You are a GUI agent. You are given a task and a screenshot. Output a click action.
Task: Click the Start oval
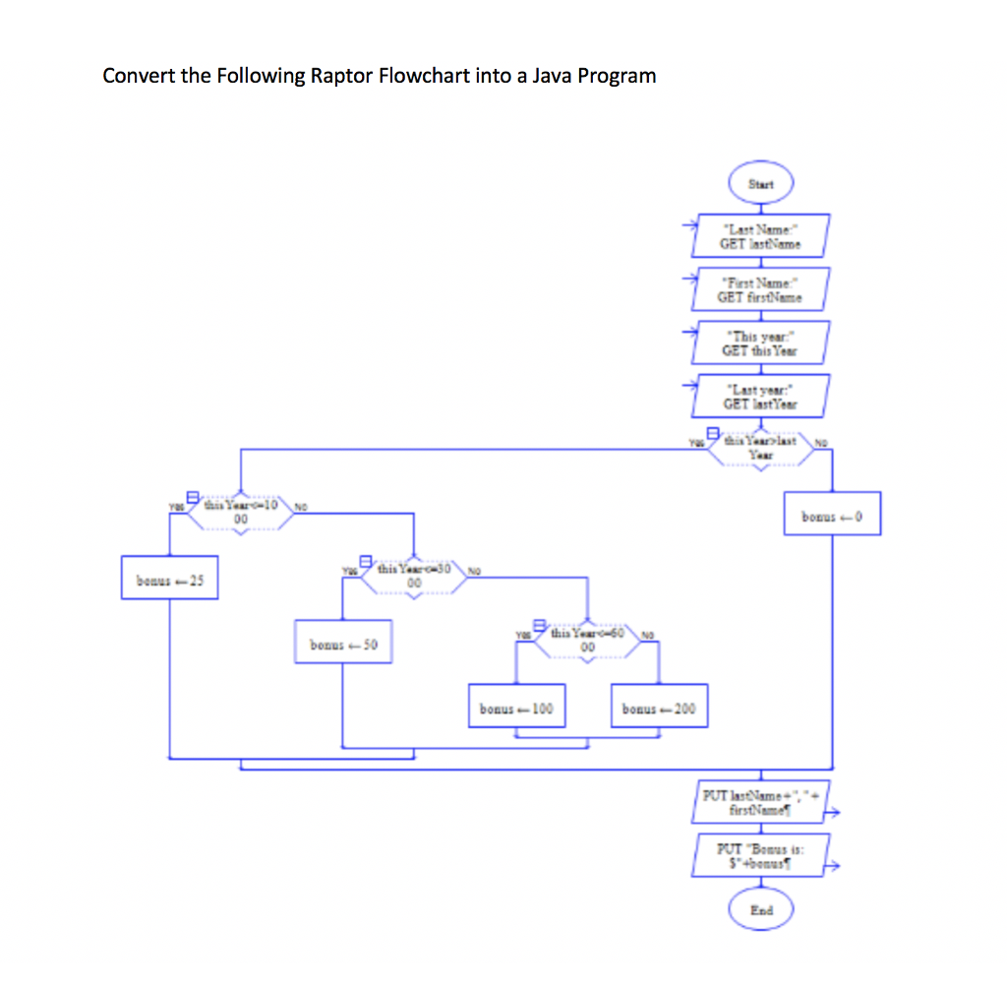click(x=760, y=184)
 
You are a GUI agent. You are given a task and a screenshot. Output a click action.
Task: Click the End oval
click(x=760, y=910)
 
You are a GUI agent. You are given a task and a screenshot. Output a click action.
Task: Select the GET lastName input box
click(x=760, y=236)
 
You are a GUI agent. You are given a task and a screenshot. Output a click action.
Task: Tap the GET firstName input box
click(x=760, y=288)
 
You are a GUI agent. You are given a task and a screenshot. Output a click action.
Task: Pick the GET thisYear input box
click(x=760, y=341)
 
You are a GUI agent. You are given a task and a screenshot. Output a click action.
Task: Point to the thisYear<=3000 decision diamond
click(x=413, y=575)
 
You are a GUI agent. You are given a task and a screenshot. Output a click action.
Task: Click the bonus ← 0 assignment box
click(x=832, y=515)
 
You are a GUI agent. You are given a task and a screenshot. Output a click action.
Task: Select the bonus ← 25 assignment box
click(x=169, y=580)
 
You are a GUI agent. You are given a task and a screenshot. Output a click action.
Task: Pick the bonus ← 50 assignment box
click(x=343, y=646)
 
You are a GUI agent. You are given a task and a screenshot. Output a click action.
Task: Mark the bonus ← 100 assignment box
click(x=517, y=708)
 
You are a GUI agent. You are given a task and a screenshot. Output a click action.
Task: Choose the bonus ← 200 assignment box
click(x=658, y=708)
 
